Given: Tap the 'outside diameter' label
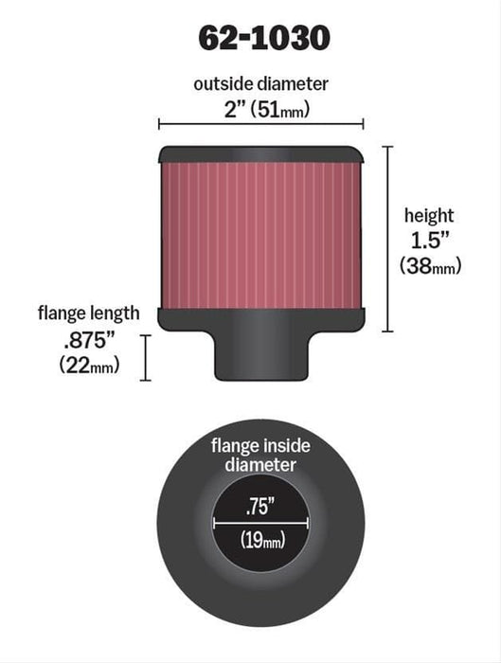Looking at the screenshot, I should (x=260, y=84).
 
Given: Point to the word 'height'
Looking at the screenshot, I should (x=427, y=216).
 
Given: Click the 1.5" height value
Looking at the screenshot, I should (x=427, y=241).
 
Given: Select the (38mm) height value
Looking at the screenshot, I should (x=429, y=266).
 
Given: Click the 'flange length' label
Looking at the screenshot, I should (x=89, y=313).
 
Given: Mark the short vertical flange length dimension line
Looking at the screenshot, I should (x=146, y=356).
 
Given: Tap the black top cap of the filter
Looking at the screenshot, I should (x=260, y=152).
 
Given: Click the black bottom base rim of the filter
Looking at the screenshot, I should (x=260, y=319).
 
